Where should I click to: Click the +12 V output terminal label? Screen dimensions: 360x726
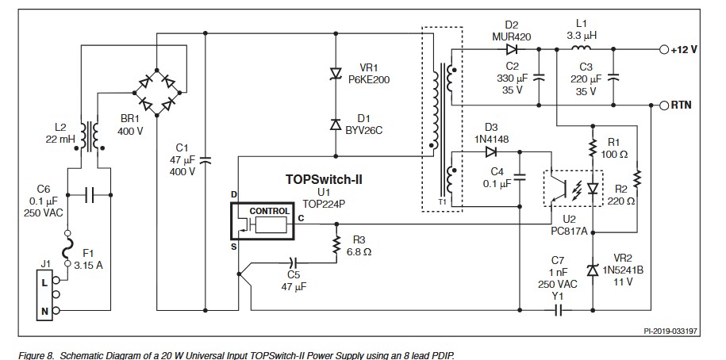pos(683,49)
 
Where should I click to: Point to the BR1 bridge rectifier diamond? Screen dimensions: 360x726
pos(158,91)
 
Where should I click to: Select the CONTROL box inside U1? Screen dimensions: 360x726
pos(270,211)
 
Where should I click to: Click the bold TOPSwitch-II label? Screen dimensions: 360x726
pos(323,180)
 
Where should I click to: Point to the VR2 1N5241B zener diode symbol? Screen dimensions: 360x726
pos(593,270)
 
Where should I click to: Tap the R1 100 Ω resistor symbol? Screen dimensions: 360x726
pos(593,147)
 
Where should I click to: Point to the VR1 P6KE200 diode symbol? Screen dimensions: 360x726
pos(336,74)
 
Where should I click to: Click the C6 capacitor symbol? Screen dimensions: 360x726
pos(89,193)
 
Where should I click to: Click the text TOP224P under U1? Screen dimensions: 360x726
pos(322,203)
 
